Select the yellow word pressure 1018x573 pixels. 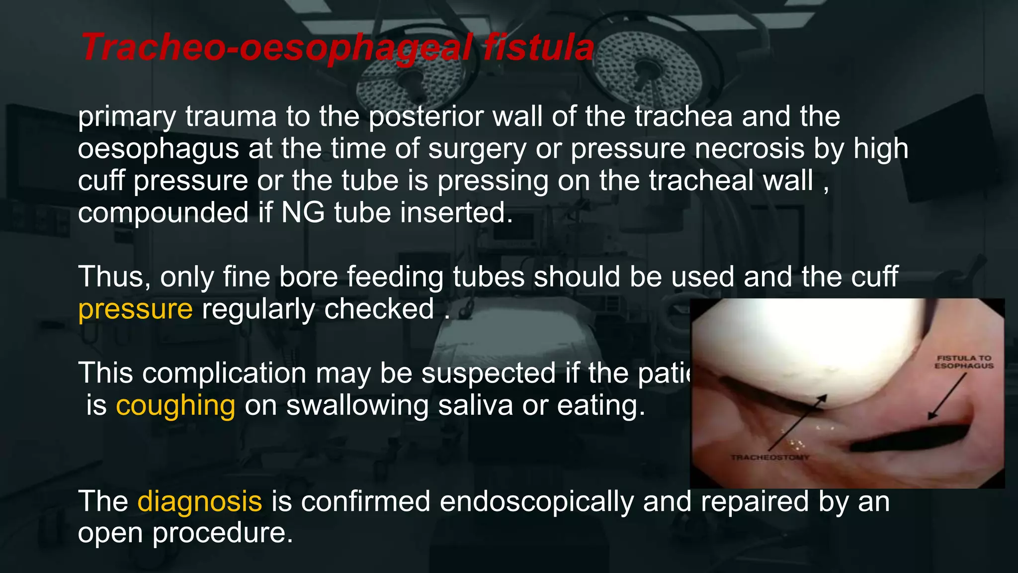click(135, 309)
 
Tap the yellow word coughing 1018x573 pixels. click(175, 405)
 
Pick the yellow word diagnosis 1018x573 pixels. click(199, 501)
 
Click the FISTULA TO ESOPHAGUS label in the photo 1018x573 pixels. click(964, 362)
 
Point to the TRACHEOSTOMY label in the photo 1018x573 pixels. click(770, 457)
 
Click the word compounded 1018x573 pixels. click(163, 213)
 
